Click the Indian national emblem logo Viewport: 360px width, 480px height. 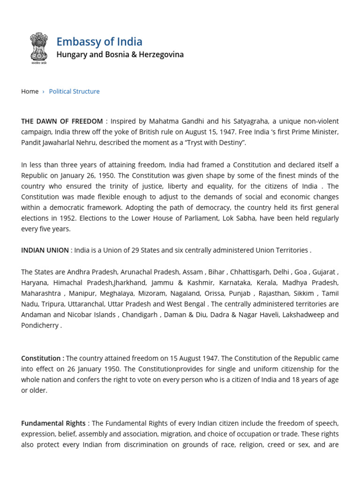pyautogui.click(x=39, y=48)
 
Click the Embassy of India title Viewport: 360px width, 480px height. pyautogui.click(x=99, y=41)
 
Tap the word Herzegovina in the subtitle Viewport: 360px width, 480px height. pyautogui.click(x=162, y=54)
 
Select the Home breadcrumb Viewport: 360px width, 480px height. pyautogui.click(x=30, y=91)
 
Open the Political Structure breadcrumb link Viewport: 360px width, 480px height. pyautogui.click(x=74, y=91)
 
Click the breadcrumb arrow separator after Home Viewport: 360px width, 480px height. pyautogui.click(x=44, y=91)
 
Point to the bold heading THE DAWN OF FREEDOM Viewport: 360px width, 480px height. pyautogui.click(x=62, y=121)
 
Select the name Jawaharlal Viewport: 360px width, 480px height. pyautogui.click(x=64, y=142)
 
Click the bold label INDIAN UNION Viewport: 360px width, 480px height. pyautogui.click(x=45, y=250)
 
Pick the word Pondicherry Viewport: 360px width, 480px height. pyautogui.click(x=40, y=325)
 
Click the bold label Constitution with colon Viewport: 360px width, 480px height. pyautogui.click(x=43, y=358)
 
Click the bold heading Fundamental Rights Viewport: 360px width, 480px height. pyautogui.click(x=53, y=423)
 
